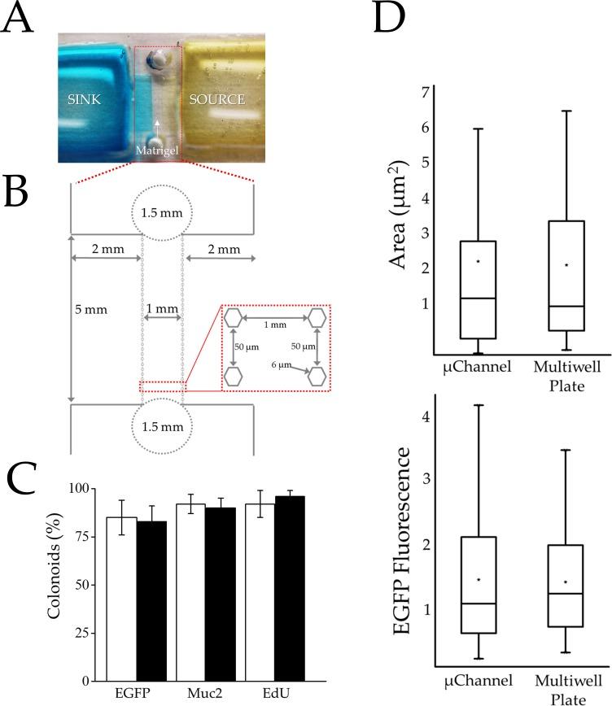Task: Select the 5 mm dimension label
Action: point(92,310)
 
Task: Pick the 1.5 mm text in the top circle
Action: point(163,212)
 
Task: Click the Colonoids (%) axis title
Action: point(55,584)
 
